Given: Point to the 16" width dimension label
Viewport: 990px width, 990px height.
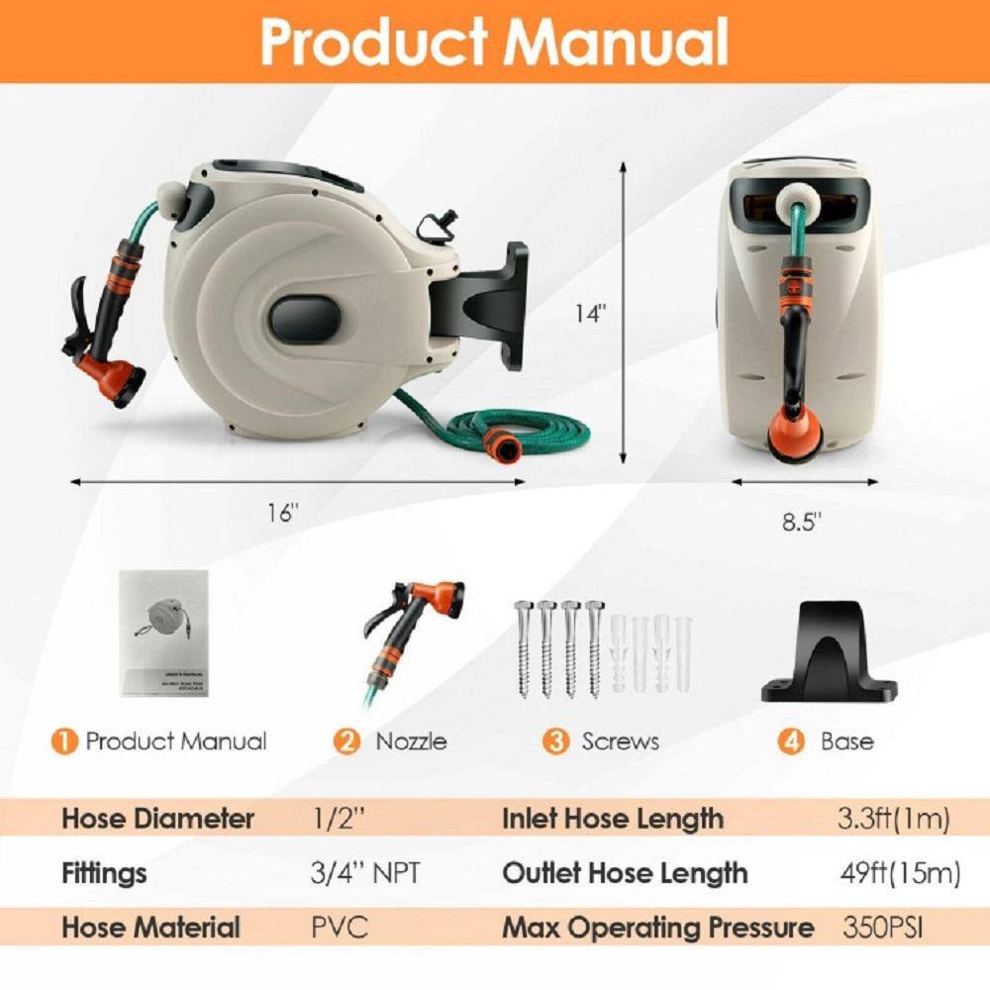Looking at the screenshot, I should pos(282,513).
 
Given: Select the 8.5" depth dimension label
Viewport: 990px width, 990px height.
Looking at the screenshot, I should pos(803,522).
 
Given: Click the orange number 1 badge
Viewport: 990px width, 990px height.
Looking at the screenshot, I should pos(64,742).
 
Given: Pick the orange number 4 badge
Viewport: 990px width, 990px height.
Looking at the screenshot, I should pos(791,742).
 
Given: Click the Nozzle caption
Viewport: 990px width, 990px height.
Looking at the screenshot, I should pos(411,742).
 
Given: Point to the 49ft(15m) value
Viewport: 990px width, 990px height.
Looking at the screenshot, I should pos(899,873).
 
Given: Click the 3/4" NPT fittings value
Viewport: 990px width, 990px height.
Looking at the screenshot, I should pos(365,873).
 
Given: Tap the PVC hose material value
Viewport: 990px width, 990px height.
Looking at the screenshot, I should pos(339,928).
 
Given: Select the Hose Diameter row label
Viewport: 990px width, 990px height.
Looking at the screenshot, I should pos(158,819).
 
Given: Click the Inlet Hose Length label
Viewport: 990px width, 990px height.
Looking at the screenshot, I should pos(613,819).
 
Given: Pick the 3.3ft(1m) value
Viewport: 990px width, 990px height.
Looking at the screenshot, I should pos(894,819).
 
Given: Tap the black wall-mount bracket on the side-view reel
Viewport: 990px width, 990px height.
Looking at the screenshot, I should pos(495,302).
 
